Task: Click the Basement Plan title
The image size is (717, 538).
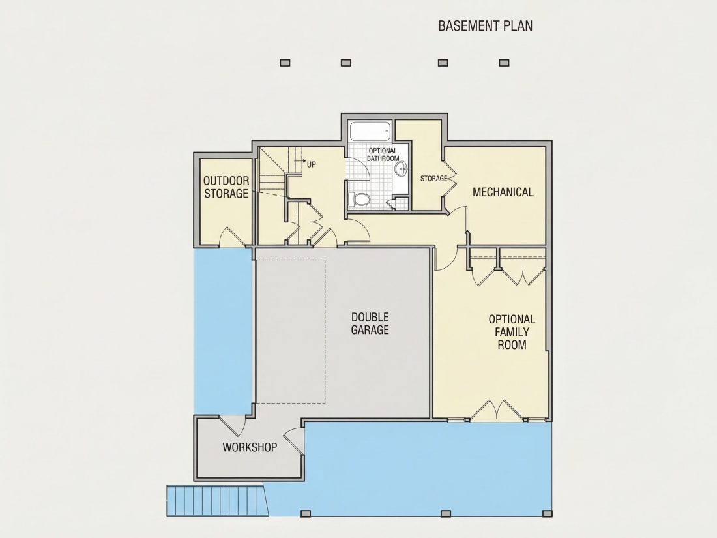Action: point(485,25)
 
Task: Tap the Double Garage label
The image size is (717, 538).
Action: point(370,323)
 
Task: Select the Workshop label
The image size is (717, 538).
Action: point(250,447)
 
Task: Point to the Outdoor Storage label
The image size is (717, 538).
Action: point(226,187)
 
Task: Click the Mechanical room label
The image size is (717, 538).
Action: point(503,192)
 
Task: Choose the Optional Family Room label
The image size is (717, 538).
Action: point(512,332)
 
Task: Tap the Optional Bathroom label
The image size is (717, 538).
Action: point(383,154)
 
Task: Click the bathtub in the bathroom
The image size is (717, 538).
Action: point(370,131)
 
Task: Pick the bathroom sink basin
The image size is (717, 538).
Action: point(402,169)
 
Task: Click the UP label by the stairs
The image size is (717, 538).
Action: point(311,164)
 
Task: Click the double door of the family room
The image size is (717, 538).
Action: point(496,410)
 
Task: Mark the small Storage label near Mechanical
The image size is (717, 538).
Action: point(433,179)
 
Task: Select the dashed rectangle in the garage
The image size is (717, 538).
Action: point(290,332)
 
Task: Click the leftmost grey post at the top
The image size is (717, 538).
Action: point(285,63)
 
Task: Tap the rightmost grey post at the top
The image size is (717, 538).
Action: point(504,63)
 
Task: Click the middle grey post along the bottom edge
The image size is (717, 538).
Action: point(446,514)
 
